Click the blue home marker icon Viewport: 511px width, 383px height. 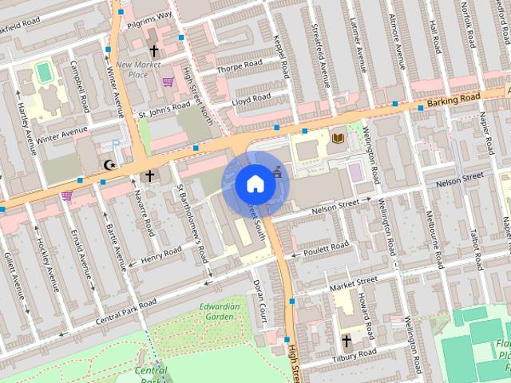tap(255, 184)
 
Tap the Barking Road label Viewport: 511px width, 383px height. tap(454, 99)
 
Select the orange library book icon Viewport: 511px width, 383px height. tap(337, 138)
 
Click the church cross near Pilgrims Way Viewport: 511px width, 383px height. tap(153, 49)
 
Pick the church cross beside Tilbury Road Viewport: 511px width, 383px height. tap(347, 341)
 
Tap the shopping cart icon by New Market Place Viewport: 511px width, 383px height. tap(168, 81)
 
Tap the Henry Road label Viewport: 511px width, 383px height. tap(162, 254)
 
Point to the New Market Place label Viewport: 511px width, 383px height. tap(132, 69)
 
